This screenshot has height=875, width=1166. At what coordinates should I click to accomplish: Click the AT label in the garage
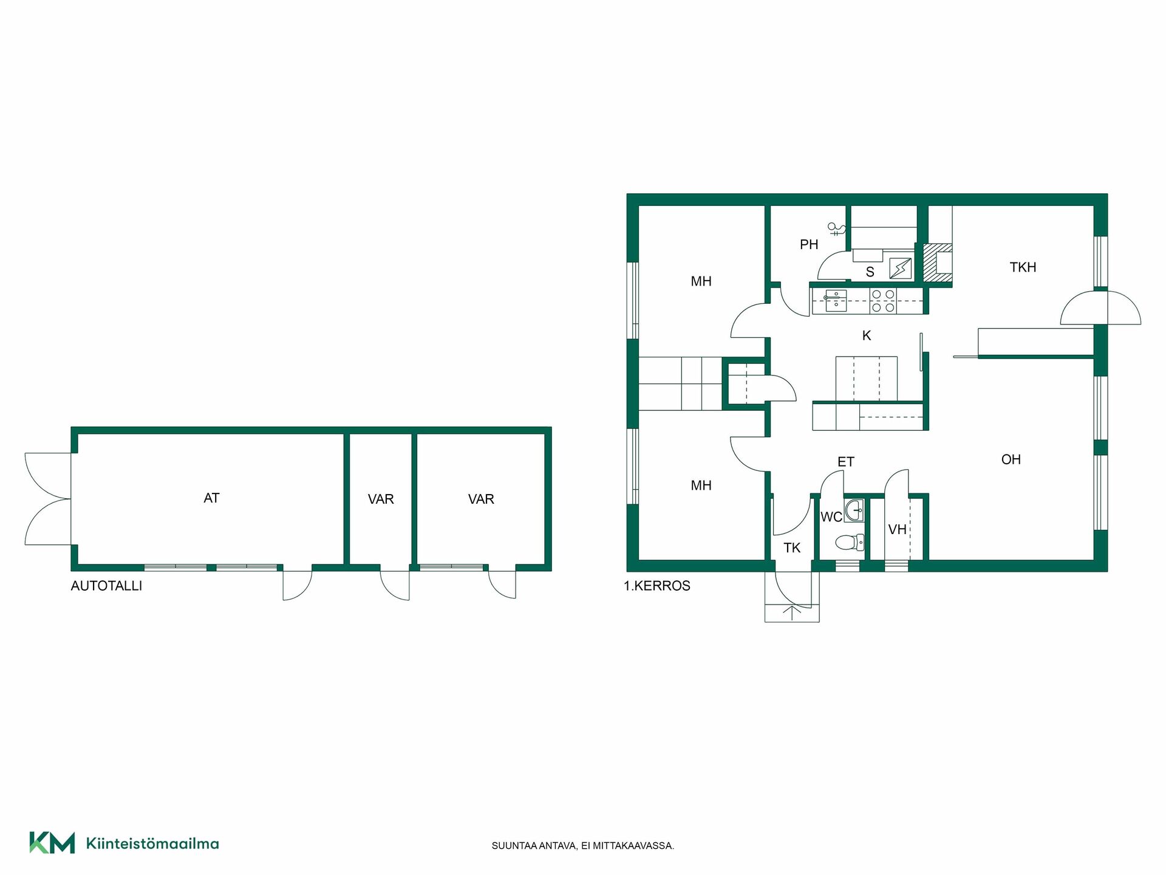click(211, 498)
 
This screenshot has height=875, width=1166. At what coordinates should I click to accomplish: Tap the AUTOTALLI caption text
click(106, 586)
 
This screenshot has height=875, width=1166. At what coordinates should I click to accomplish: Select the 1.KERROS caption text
click(657, 586)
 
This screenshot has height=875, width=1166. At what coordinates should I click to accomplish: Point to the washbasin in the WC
click(854, 510)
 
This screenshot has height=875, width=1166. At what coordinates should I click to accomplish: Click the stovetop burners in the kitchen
click(883, 301)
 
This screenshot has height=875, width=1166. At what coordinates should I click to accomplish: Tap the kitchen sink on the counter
click(836, 301)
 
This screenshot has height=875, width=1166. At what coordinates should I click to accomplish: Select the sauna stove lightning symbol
click(901, 268)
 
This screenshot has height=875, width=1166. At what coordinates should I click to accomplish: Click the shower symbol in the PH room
click(836, 229)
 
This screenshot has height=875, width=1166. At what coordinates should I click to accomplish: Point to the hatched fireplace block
click(937, 263)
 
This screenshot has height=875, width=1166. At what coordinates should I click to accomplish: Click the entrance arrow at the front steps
click(792, 612)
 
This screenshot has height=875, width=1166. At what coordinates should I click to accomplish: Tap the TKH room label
click(1023, 267)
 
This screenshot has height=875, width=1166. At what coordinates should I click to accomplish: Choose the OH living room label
click(1011, 460)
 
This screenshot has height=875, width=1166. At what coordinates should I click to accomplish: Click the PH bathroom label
click(809, 245)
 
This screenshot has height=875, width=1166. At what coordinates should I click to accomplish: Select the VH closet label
click(897, 530)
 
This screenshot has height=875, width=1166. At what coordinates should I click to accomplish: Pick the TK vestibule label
click(792, 548)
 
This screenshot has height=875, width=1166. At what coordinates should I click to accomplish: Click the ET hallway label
click(846, 462)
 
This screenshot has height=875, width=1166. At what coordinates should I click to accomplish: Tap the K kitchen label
click(867, 335)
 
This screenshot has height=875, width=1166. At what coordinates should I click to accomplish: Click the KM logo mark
click(52, 843)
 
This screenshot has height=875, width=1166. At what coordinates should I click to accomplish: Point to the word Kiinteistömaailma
click(152, 843)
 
